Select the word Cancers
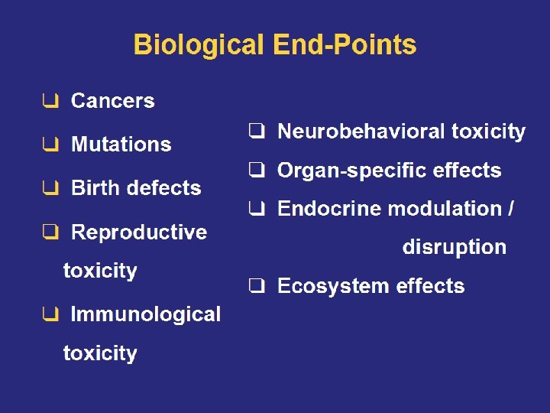pyautogui.click(x=112, y=101)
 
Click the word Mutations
pyautogui.click(x=121, y=145)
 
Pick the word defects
pyautogui.click(x=163, y=188)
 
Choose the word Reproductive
pyautogui.click(x=138, y=232)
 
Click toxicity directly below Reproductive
pyautogui.click(x=100, y=271)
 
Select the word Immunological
pyautogui.click(x=145, y=314)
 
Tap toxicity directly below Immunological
pyautogui.click(x=100, y=353)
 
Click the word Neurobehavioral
pyautogui.click(x=361, y=132)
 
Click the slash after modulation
pyautogui.click(x=510, y=209)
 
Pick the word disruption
pyautogui.click(x=454, y=248)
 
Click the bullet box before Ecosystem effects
pyautogui.click(x=257, y=287)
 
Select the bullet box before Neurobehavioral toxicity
pyautogui.click(x=257, y=132)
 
